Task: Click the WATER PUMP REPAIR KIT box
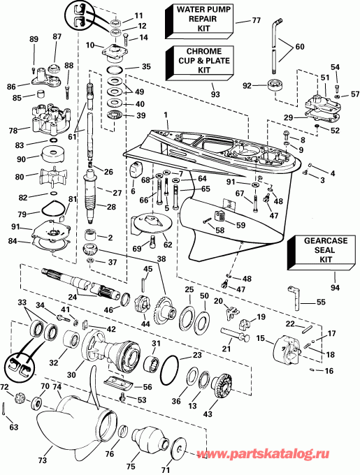coord(197,22)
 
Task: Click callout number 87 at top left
coord(57,36)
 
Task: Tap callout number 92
coord(246,86)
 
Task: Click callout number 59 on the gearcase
coord(240,225)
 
